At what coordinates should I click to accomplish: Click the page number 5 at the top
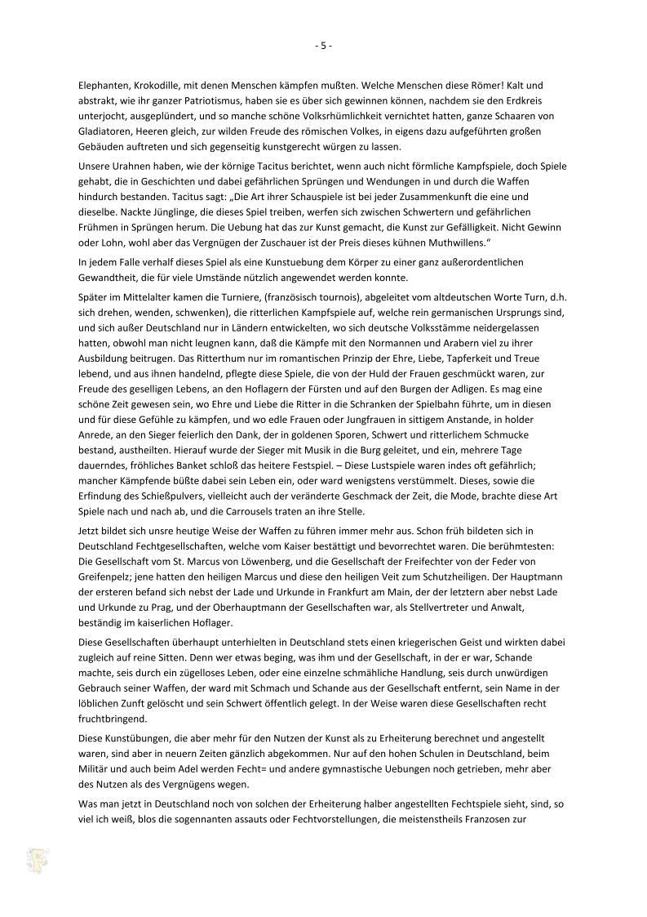[323, 46]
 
